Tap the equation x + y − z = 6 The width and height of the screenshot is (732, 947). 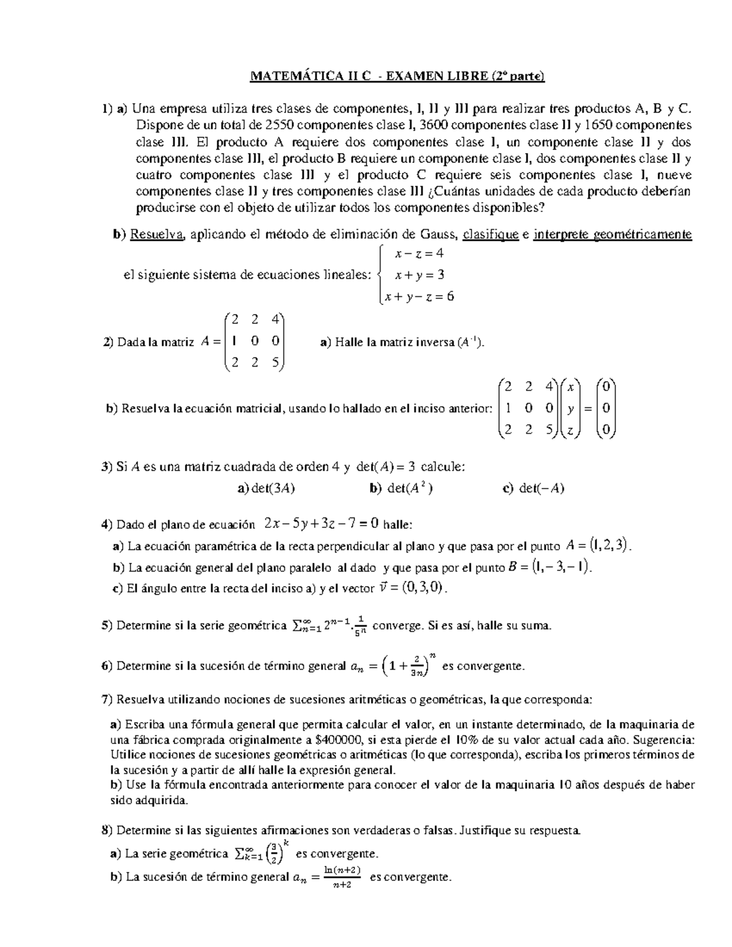419,296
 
